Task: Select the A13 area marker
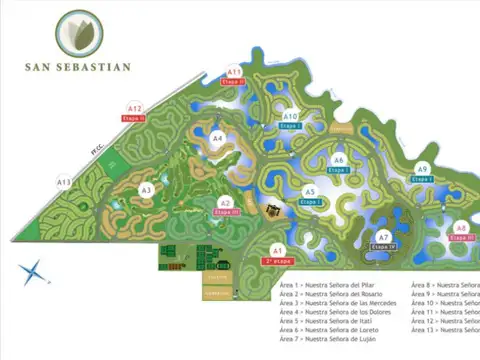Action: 63,182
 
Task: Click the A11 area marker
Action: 234,72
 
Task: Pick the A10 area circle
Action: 291,117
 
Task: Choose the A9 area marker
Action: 422,168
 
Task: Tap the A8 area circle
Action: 461,228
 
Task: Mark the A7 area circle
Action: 384,237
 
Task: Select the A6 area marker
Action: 339,160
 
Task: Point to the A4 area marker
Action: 218,139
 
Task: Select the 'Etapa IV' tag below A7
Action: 385,246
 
